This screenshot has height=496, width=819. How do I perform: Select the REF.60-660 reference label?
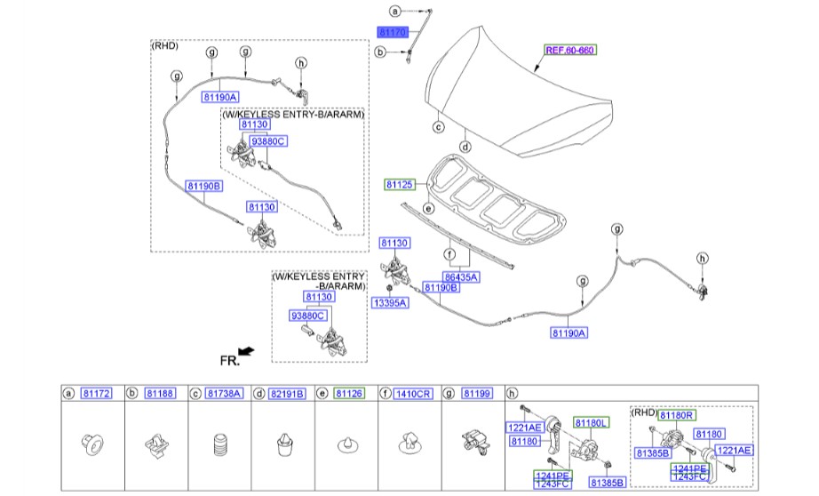point(569,51)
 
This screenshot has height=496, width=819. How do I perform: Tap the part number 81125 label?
point(399,185)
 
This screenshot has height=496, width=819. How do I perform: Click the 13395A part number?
point(390,303)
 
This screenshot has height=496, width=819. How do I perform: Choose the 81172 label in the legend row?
point(96,393)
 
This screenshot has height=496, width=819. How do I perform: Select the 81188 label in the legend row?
point(160,393)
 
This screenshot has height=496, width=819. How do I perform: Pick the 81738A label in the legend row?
point(223,393)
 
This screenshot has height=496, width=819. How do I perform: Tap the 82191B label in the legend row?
point(288,393)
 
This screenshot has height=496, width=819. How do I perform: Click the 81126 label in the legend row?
point(348,393)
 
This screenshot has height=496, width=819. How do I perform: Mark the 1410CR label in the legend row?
point(413,393)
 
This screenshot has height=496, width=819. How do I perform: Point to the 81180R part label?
point(676,414)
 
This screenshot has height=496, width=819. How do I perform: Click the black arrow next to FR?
point(247,352)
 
